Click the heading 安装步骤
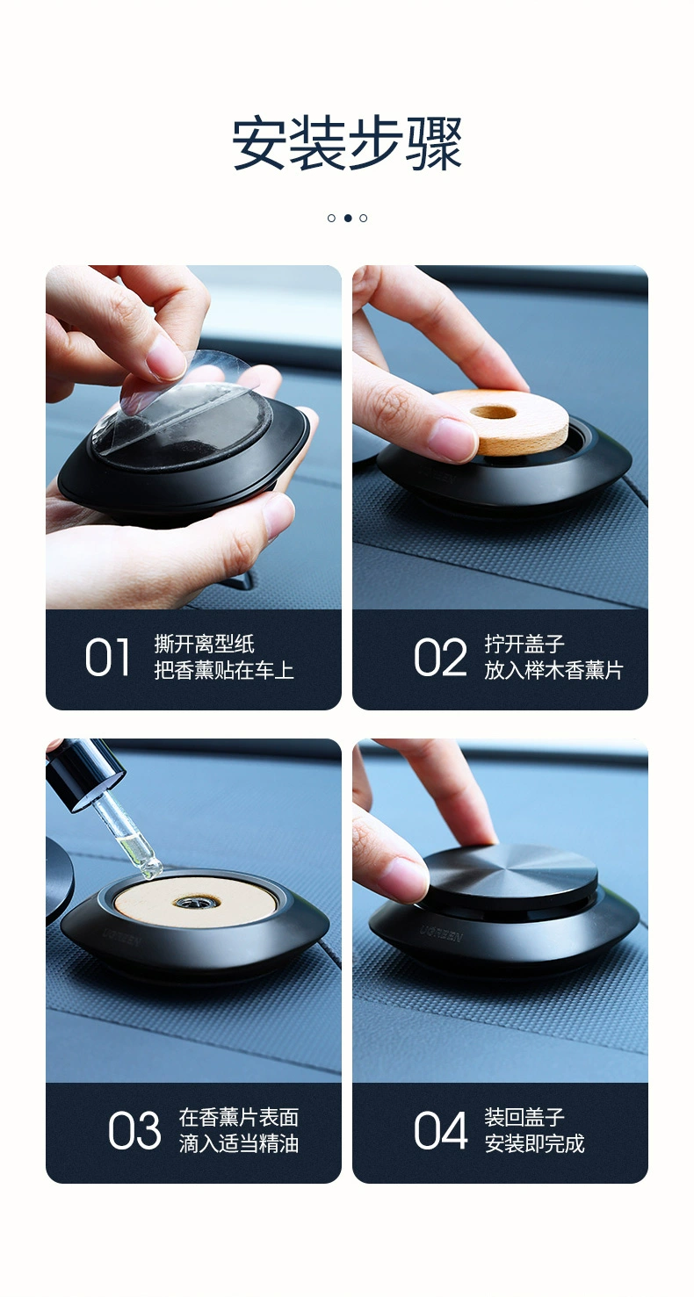pos(347,143)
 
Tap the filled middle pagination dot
pos(347,218)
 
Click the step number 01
pos(107,658)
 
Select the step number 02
pos(440,658)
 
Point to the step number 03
pos(134,1131)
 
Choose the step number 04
pos(440,1131)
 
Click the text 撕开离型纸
pos(204,645)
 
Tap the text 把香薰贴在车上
pos(224,671)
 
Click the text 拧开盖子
pos(524,645)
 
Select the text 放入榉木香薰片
pos(553,671)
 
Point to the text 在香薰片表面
pos(239,1118)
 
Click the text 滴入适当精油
pos(239,1144)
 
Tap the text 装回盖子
pos(524,1118)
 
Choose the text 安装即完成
pos(534,1144)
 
